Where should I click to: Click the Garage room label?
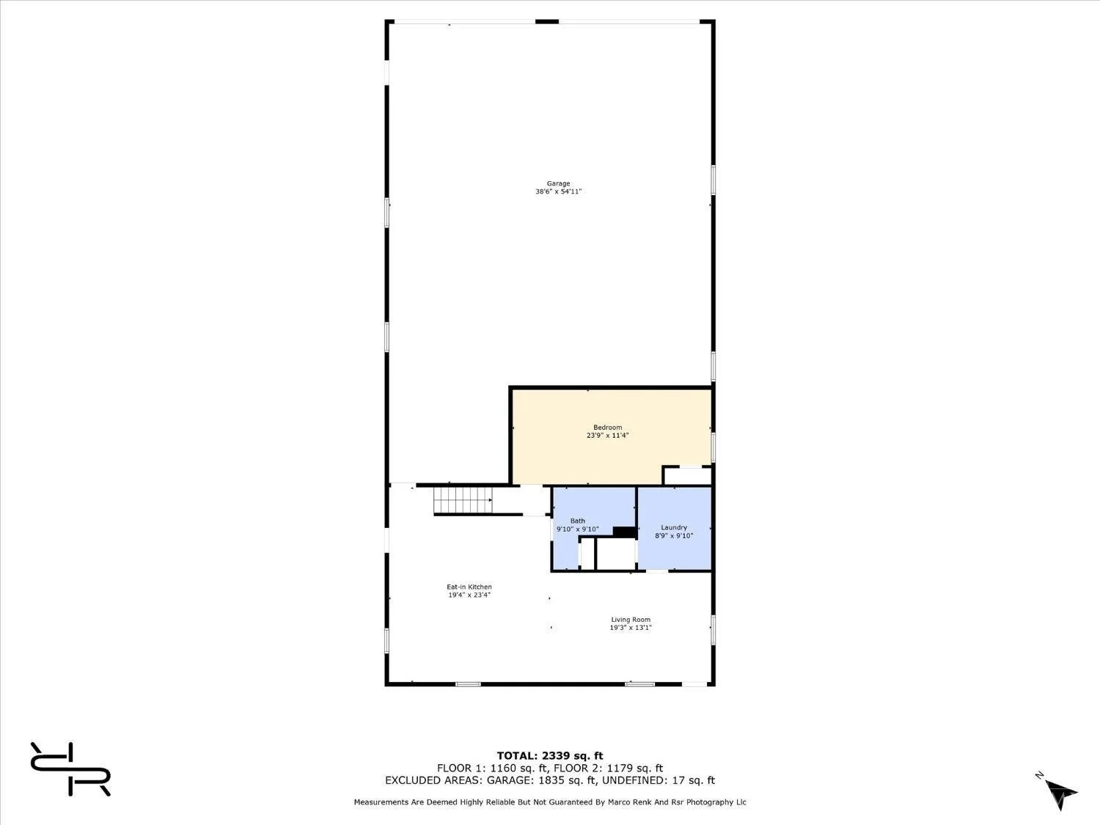558,183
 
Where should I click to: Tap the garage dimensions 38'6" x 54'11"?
558,191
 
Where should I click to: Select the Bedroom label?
607,428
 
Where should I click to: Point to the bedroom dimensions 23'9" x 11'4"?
607,436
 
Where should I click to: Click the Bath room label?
577,521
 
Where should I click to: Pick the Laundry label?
674,527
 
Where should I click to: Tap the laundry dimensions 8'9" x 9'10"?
674,535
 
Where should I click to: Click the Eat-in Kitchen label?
469,587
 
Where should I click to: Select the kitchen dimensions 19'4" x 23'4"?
469,595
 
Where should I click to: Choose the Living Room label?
631,620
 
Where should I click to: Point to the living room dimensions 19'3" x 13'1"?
631,628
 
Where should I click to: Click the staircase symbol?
463,500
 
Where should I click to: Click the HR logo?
70,769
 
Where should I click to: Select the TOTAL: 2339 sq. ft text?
550,756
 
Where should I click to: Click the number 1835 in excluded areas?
551,780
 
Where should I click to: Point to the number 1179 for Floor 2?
620,769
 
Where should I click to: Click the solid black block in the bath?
624,532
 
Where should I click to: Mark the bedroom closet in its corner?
688,476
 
